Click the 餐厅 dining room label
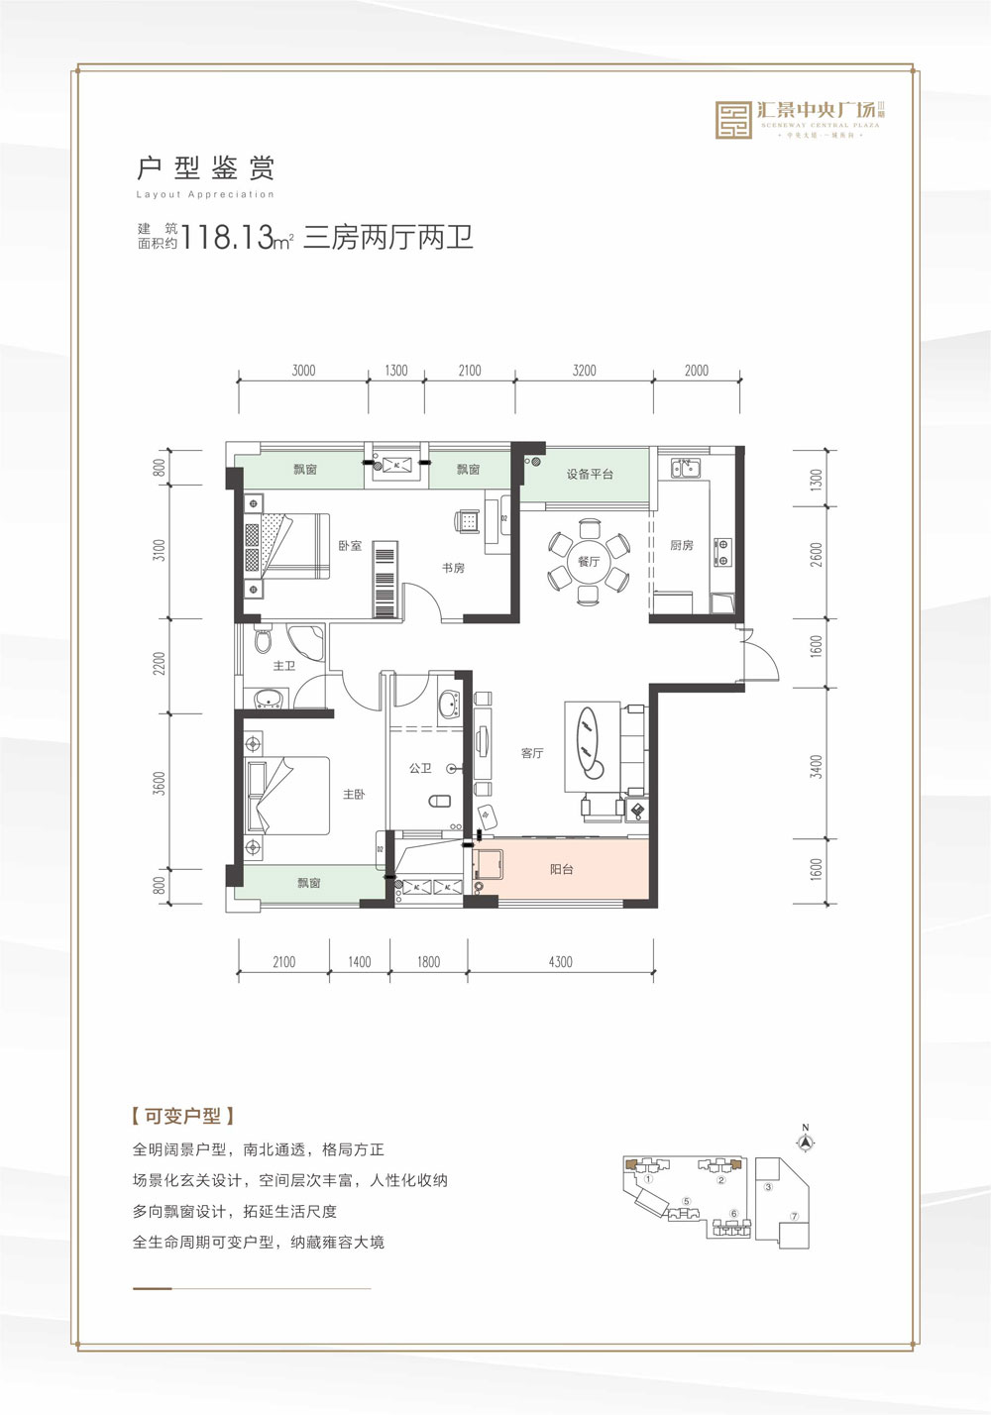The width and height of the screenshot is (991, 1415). tap(589, 562)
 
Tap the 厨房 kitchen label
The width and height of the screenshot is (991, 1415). tap(682, 546)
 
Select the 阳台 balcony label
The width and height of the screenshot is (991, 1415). tap(562, 870)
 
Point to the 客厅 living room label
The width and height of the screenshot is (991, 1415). tap(532, 754)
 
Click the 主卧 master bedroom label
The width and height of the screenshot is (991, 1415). tap(354, 795)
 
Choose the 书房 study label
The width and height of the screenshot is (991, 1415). tap(453, 569)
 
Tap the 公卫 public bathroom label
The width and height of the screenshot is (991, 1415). tap(420, 769)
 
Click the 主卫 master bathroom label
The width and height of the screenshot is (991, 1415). tap(284, 666)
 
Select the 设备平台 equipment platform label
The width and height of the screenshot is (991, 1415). tap(590, 475)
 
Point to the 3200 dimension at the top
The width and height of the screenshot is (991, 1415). tap(585, 371)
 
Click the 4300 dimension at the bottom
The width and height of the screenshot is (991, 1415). tap(560, 962)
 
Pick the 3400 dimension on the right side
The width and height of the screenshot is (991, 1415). tap(817, 765)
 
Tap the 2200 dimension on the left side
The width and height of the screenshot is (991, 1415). tap(160, 663)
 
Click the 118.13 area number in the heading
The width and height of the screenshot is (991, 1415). tap(228, 239)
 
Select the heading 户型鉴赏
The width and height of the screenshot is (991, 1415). tap(205, 167)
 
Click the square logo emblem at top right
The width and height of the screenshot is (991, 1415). tap(733, 120)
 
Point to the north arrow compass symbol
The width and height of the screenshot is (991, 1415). tap(807, 1141)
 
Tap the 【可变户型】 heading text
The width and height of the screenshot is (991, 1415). tap(183, 1116)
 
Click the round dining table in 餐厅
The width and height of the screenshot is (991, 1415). tap(589, 562)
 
